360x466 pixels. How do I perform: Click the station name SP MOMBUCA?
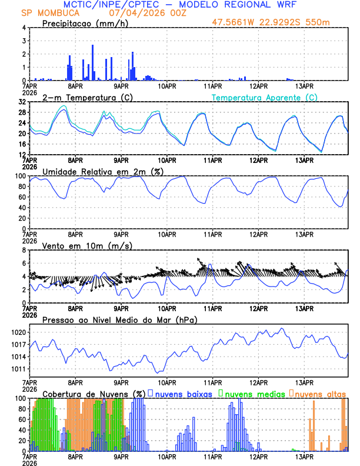pyautogui.click(x=44, y=12)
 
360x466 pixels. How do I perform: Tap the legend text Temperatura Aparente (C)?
pyautogui.click(x=265, y=97)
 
